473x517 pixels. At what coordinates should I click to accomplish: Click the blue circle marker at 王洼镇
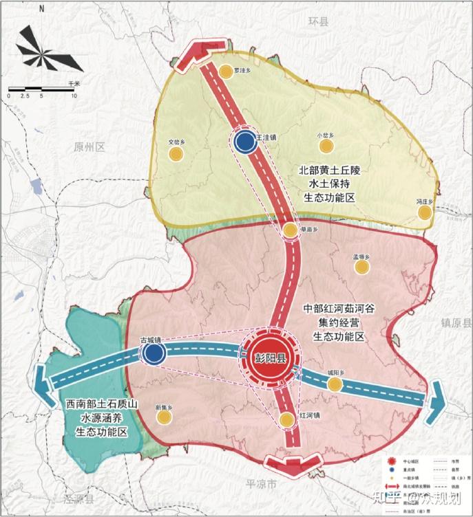point(244,142)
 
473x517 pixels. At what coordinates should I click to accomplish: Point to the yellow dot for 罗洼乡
point(226,71)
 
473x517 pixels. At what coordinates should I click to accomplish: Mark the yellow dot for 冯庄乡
point(425,213)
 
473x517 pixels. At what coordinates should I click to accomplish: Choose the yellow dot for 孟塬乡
point(358,267)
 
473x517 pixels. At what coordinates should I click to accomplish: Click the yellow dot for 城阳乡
point(334,384)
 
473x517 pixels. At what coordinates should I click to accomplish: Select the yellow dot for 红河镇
point(287,420)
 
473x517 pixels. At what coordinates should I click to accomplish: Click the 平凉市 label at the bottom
point(262,485)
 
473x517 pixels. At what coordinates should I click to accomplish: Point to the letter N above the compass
point(41,10)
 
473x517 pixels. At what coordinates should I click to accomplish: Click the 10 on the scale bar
point(74,96)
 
